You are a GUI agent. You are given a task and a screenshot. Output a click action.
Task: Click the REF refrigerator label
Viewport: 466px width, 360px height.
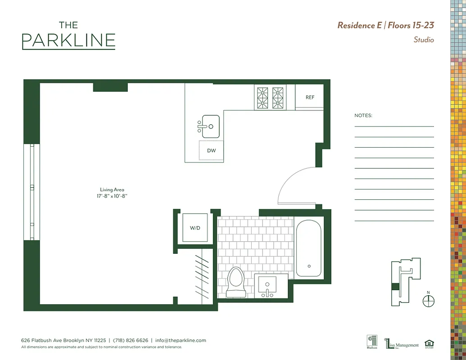tap(310, 97)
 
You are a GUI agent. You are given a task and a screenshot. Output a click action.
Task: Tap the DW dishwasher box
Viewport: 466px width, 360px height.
tap(211, 150)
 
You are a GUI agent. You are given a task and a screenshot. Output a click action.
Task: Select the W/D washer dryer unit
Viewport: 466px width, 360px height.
tap(195, 228)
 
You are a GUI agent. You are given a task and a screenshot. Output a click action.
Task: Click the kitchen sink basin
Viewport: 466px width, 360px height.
tap(210, 126)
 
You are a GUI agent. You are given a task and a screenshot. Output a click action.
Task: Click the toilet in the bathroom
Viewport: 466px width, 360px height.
tap(235, 282)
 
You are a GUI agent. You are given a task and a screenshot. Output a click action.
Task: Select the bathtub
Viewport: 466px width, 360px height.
tap(308, 250)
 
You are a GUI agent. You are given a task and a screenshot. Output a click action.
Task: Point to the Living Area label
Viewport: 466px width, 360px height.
tap(112, 190)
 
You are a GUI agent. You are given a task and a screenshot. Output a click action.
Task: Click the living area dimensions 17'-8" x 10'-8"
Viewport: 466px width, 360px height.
tap(112, 196)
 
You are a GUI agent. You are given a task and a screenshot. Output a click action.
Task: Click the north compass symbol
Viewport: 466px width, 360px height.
tap(429, 300)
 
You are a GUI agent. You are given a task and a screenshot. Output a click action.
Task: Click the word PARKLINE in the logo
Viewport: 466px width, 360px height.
tap(68, 40)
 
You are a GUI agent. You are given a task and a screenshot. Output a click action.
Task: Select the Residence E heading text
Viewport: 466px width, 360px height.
tap(359, 25)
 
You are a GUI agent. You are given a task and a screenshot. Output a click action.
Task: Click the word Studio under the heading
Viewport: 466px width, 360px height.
tap(424, 40)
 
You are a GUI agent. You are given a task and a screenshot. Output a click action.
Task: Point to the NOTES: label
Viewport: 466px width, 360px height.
tap(363, 116)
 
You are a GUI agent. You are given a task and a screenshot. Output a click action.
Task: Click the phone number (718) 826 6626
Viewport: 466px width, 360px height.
tap(130, 341)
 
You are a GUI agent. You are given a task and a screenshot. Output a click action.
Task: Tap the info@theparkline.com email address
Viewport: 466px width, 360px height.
tap(181, 341)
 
